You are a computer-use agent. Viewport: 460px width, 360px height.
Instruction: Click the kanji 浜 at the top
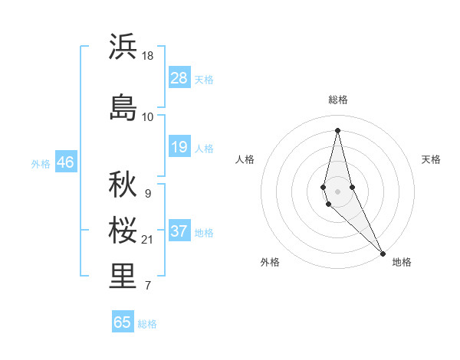pyautogui.click(x=123, y=47)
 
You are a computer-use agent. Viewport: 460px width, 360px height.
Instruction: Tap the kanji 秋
pyautogui.click(x=123, y=185)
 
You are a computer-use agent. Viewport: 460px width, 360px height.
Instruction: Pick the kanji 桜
pyautogui.click(x=123, y=231)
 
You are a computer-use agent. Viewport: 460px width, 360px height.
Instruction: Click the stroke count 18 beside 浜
pyautogui.click(x=148, y=56)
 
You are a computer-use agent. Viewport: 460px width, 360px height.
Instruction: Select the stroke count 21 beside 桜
pyautogui.click(x=148, y=241)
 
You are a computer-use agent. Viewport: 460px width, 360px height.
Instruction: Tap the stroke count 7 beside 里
pyautogui.click(x=147, y=286)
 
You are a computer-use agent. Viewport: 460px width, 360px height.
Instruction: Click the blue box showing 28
pyautogui.click(x=179, y=78)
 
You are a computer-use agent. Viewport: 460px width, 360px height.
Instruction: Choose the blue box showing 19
pyautogui.click(x=179, y=147)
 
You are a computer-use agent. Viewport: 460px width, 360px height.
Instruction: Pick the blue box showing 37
pyautogui.click(x=179, y=231)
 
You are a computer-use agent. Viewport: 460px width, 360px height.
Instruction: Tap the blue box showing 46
pyautogui.click(x=65, y=162)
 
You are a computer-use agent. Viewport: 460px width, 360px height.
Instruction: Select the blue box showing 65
pyautogui.click(x=123, y=322)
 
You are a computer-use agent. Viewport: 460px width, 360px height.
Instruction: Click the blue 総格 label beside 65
pyautogui.click(x=147, y=324)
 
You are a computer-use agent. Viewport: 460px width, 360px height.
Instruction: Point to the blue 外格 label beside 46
pyautogui.click(x=41, y=163)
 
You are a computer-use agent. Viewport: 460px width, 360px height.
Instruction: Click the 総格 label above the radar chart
pyautogui.click(x=338, y=100)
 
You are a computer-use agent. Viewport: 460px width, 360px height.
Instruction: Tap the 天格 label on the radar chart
pyautogui.click(x=431, y=159)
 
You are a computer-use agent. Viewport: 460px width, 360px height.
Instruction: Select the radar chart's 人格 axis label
pyautogui.click(x=245, y=159)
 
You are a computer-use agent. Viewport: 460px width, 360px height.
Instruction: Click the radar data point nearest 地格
pyautogui.click(x=383, y=252)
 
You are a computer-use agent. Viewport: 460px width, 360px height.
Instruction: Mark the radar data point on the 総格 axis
pyautogui.click(x=337, y=129)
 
